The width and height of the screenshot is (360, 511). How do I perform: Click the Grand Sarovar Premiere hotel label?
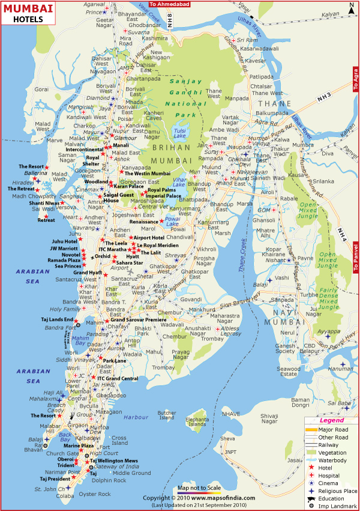point(138,321)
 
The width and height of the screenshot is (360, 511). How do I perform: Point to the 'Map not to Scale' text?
point(199,488)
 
